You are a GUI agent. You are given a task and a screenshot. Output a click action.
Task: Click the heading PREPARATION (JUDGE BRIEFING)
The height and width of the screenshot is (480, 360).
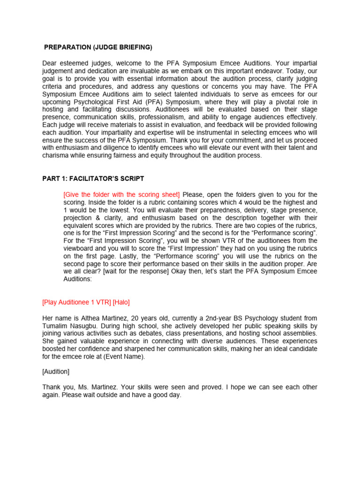point(98,47)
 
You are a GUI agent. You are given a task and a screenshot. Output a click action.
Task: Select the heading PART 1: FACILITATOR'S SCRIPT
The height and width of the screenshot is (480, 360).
point(93,179)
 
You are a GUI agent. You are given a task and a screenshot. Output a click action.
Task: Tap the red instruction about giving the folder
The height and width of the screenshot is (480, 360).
point(121,195)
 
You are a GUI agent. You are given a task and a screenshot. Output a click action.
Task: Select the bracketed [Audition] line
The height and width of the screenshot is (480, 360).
point(56,371)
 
